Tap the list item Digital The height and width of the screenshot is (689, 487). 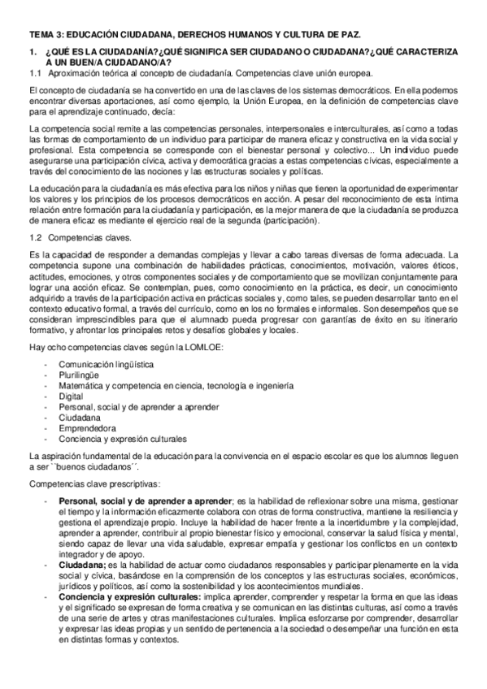(x=71, y=396)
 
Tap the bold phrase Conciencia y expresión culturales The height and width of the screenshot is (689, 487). (x=131, y=596)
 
